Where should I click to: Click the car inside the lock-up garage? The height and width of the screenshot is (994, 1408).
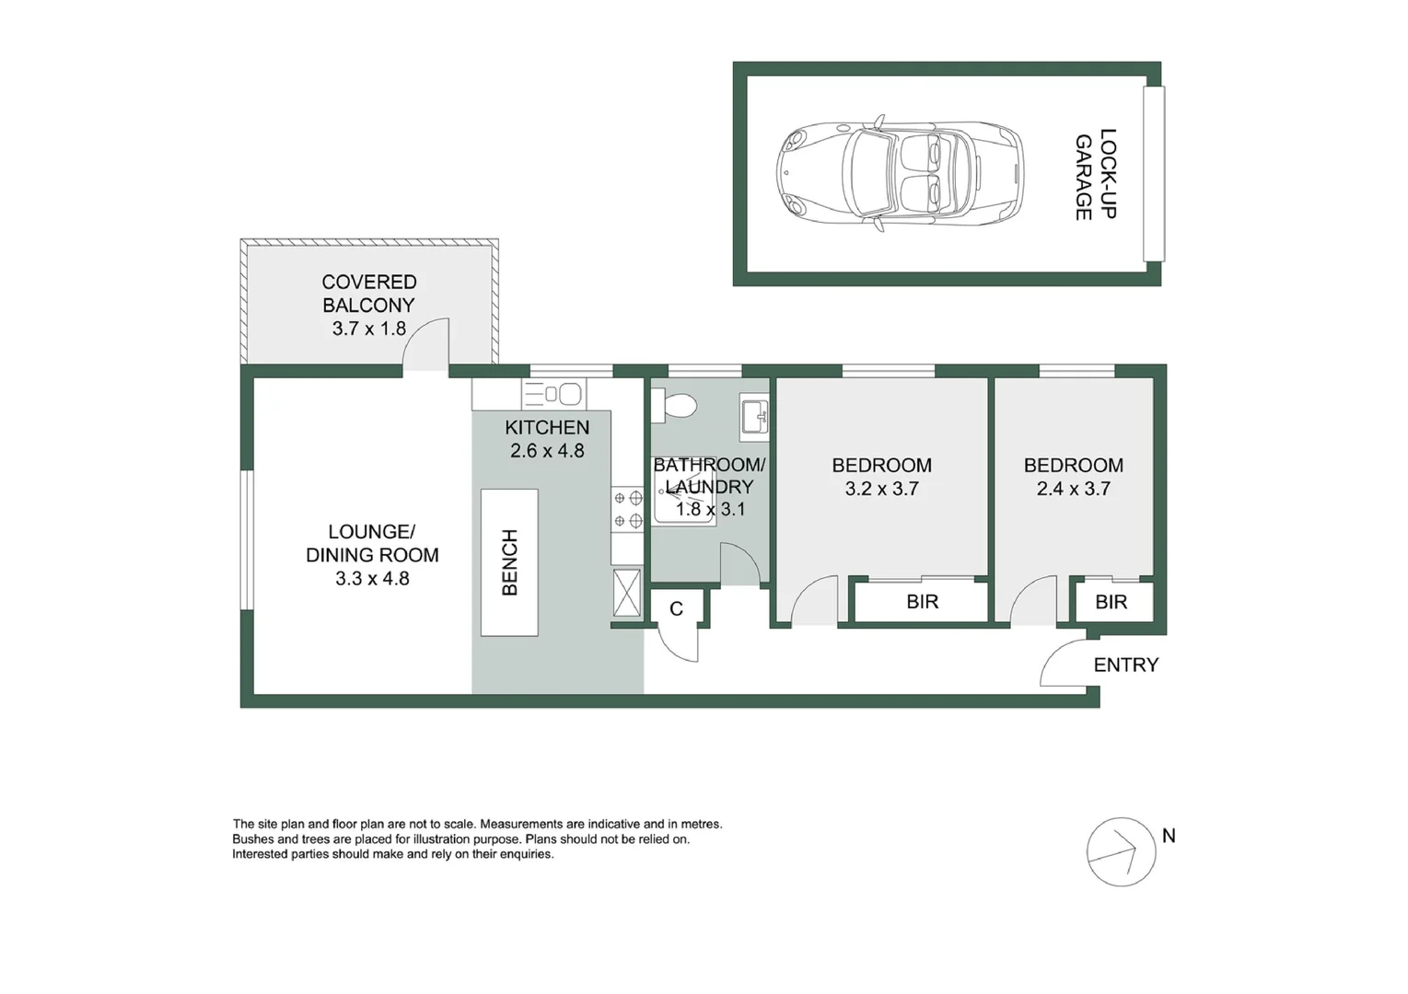click(x=900, y=172)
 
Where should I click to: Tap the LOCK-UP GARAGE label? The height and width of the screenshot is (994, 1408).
click(x=1096, y=174)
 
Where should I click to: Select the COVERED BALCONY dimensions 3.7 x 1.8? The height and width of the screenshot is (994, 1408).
click(x=368, y=329)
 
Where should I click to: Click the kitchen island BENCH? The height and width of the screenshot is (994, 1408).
click(x=509, y=562)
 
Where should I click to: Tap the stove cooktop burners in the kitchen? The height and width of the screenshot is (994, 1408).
click(x=627, y=510)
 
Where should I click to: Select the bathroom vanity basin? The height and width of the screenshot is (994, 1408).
click(x=754, y=417)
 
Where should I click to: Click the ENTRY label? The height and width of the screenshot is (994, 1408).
click(x=1125, y=665)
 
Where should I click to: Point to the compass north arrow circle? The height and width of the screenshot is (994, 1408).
click(x=1121, y=851)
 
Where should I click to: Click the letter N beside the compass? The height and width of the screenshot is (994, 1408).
click(x=1169, y=836)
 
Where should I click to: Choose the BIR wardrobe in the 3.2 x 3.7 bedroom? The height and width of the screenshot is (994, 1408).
click(x=922, y=602)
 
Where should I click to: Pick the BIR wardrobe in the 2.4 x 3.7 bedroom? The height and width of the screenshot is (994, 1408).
click(x=1111, y=602)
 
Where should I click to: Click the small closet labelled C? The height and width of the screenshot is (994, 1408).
click(x=676, y=608)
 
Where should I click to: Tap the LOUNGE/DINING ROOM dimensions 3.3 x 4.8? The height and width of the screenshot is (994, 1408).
click(x=372, y=579)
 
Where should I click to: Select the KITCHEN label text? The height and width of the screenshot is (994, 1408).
click(x=547, y=427)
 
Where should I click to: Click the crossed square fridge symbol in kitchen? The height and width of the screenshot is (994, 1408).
click(x=627, y=593)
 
